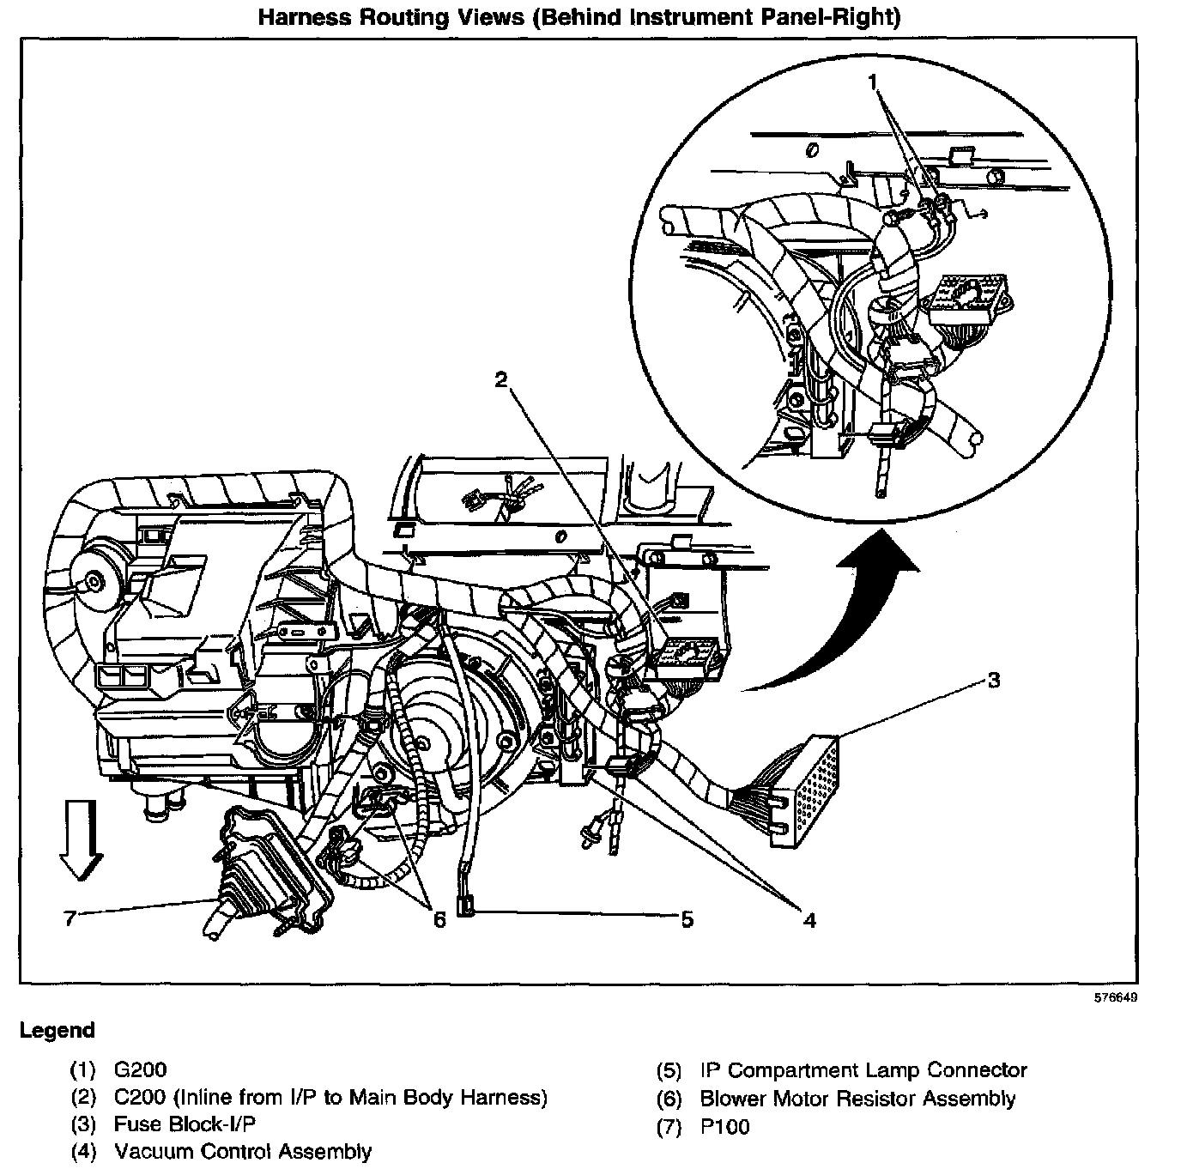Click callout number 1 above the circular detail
point(873,82)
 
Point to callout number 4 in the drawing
point(809,920)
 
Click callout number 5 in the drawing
point(687,919)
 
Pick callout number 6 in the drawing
point(439,919)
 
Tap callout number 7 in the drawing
point(71,919)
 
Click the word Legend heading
point(58,1030)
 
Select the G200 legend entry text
point(140,1070)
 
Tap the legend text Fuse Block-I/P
point(185,1124)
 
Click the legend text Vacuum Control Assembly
point(243,1151)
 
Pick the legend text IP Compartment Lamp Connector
point(863,1070)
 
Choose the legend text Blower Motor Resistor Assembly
point(857,1098)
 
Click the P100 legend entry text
point(725,1126)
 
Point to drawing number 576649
point(1115,998)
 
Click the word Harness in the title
point(298,17)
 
